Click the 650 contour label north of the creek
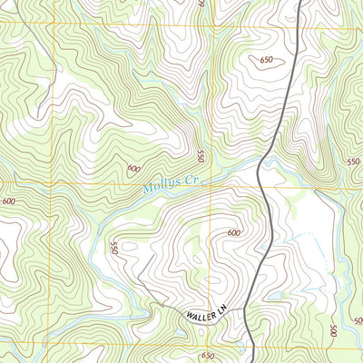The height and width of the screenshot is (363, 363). (266, 60)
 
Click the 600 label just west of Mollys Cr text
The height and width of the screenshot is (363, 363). (134, 168)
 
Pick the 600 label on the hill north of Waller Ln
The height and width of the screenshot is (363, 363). (233, 233)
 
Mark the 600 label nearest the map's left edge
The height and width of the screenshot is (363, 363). (9, 201)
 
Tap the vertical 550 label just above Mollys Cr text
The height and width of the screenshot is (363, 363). (201, 156)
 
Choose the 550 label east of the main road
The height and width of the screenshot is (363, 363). (353, 161)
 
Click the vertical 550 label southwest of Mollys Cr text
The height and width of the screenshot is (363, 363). (114, 248)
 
